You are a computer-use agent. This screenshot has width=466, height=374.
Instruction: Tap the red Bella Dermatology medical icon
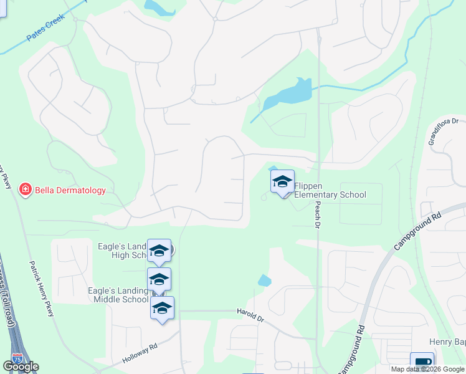click(x=25, y=189)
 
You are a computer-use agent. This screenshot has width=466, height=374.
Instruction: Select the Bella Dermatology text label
click(x=70, y=190)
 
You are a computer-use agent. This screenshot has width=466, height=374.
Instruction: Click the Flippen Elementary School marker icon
click(x=282, y=182)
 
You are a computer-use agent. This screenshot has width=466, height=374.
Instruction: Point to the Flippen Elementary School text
click(x=330, y=190)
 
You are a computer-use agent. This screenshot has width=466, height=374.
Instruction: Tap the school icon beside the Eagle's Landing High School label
click(x=159, y=251)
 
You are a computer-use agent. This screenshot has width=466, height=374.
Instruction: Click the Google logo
click(x=21, y=367)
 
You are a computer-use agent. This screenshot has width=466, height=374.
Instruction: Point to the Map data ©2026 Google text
click(x=427, y=369)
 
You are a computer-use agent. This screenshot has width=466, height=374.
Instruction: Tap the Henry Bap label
click(x=447, y=342)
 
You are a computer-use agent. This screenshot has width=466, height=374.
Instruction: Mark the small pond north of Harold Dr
click(x=264, y=280)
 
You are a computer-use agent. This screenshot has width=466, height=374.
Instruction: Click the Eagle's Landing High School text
click(x=122, y=251)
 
